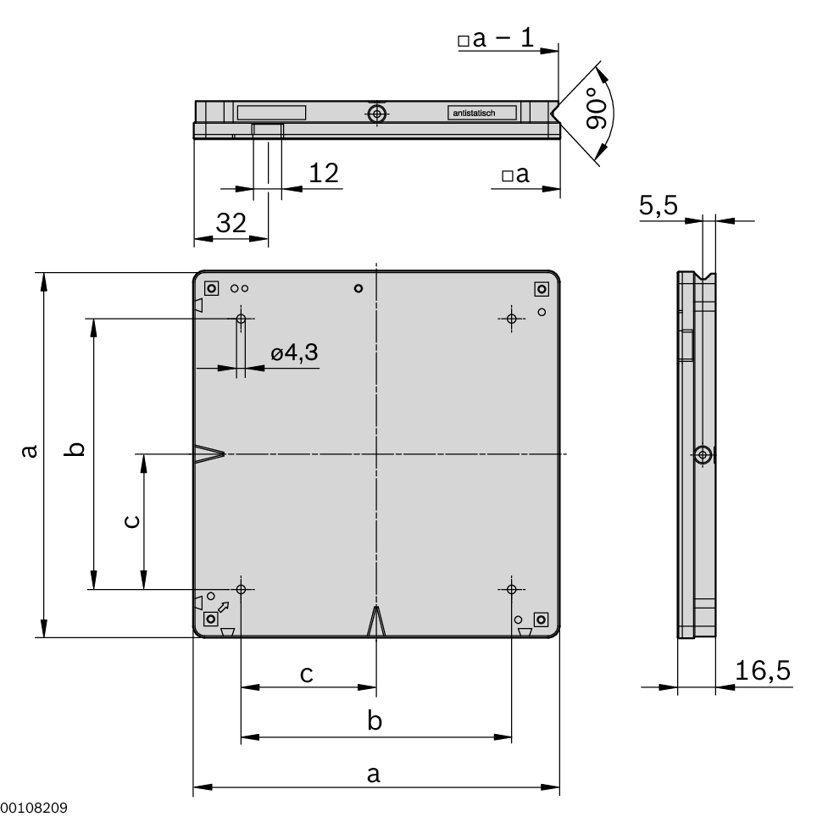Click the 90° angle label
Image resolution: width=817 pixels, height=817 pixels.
coord(597,111)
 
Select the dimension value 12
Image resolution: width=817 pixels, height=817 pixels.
coord(323,173)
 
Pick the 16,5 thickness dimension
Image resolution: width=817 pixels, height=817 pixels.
coord(762,671)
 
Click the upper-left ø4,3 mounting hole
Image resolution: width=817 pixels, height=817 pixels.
coord(242,319)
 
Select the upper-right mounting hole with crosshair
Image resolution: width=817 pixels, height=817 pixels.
coord(511,319)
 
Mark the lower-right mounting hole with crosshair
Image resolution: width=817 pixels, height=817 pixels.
coord(511,589)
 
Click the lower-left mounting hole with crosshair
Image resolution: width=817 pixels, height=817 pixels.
coord(242,589)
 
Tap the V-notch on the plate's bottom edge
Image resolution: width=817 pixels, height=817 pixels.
coord(376,622)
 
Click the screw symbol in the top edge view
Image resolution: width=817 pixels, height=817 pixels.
coord(377,114)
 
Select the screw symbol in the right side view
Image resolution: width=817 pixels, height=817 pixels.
coord(702,455)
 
